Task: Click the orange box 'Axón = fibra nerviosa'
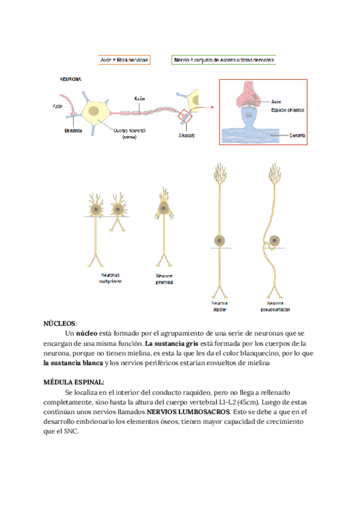(124, 60)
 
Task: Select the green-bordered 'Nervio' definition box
(224, 60)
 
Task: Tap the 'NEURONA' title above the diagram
(71, 79)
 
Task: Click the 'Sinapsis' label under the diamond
(185, 136)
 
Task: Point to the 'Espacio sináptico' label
(287, 111)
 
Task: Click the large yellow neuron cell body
(95, 111)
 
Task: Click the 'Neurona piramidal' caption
(163, 279)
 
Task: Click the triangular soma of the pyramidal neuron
(163, 208)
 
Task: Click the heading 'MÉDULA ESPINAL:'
(73, 382)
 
